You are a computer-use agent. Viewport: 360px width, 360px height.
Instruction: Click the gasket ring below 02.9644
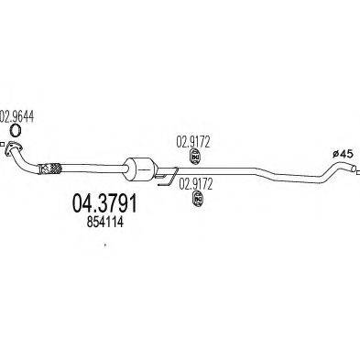[x=15, y=130]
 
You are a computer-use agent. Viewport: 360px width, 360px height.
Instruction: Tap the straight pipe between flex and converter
[x=92, y=168]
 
